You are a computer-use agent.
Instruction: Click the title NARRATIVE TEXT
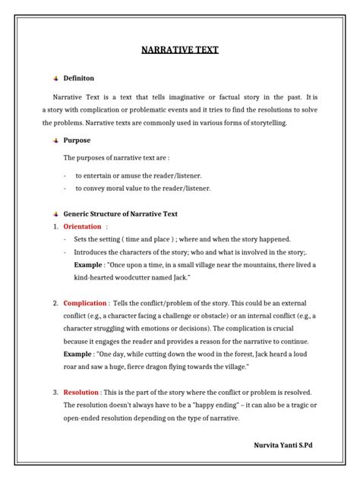180,50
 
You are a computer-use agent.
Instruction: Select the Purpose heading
77,141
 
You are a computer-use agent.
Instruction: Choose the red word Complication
86,304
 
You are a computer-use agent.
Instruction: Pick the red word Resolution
81,393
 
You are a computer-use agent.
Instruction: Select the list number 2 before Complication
55,304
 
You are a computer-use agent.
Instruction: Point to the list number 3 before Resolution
55,393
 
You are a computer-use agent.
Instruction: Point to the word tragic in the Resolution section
294,406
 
